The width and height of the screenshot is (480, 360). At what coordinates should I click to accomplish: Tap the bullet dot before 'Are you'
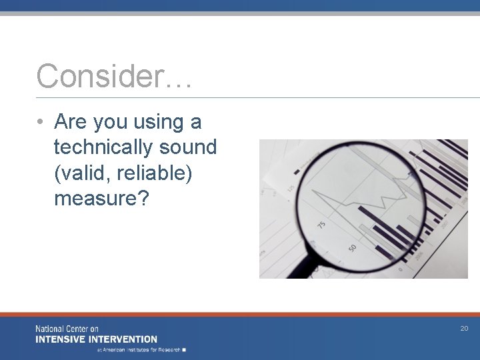(41, 123)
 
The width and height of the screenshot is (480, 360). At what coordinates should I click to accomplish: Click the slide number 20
(464, 329)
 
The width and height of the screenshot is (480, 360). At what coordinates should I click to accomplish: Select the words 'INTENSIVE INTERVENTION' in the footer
(97, 339)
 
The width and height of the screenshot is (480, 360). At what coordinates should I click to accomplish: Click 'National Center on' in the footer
(67, 329)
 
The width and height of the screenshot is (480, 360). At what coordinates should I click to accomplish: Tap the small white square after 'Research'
(184, 349)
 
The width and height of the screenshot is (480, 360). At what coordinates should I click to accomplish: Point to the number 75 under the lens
(322, 225)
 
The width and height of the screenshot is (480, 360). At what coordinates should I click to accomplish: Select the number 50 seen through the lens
(352, 248)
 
